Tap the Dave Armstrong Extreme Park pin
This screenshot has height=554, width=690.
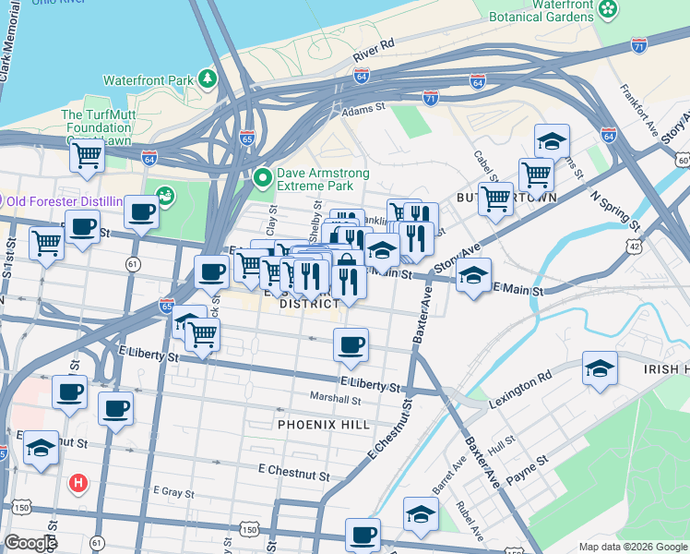[x=263, y=175]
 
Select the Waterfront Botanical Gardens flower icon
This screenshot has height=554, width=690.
[x=608, y=9]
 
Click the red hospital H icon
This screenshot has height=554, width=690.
[x=79, y=482]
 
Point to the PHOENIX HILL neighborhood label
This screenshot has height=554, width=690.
[x=322, y=425]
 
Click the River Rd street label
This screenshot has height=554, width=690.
[x=373, y=51]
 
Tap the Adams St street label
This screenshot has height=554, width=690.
[x=363, y=109]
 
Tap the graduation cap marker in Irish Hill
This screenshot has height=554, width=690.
[x=600, y=368]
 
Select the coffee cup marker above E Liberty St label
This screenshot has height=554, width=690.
[x=351, y=345]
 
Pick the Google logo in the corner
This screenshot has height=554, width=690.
[x=30, y=543]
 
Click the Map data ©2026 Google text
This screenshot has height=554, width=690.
[x=632, y=547]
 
